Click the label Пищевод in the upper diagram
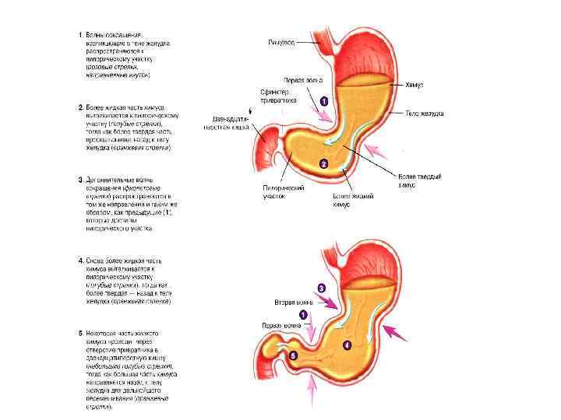(281, 42)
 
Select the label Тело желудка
(424, 114)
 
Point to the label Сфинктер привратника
(277, 96)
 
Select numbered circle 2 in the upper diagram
(323, 164)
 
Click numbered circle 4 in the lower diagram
(347, 344)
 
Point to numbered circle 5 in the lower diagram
(293, 355)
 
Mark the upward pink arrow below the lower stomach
(312, 391)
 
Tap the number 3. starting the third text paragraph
(80, 179)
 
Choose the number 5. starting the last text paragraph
(80, 333)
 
